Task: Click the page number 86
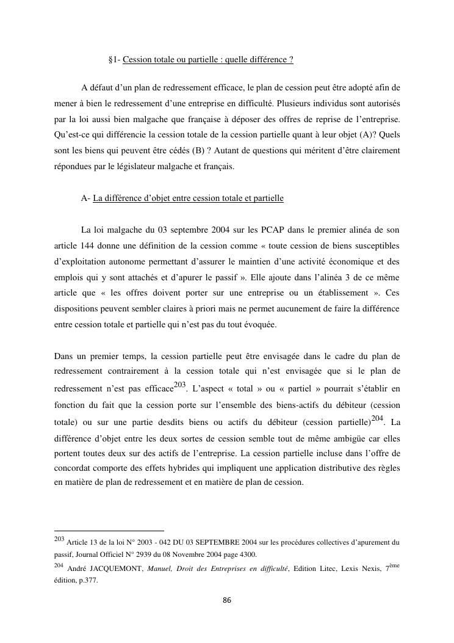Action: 226,600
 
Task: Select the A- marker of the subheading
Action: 85,198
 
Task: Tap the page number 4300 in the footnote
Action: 245,554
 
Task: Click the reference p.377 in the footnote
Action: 88,581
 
